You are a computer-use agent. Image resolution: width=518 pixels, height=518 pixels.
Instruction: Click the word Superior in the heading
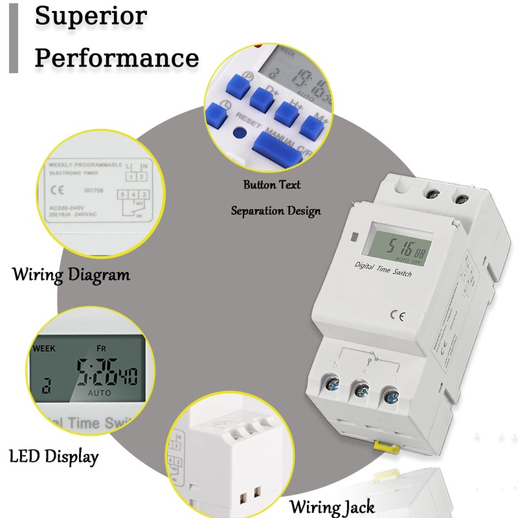[x=91, y=16]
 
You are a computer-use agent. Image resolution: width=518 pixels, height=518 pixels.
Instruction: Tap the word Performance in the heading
[x=117, y=58]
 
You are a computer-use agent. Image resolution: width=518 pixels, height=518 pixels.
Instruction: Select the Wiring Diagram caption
[x=71, y=275]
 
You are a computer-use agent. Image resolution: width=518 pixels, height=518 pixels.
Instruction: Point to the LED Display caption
[x=54, y=456]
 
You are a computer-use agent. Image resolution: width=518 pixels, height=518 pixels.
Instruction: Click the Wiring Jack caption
[x=332, y=506]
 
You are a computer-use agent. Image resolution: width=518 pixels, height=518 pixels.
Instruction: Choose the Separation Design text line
[x=276, y=210]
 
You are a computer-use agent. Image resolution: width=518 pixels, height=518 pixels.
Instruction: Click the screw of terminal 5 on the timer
[x=332, y=387]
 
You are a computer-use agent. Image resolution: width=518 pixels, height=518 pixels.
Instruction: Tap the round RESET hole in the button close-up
[x=241, y=134]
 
